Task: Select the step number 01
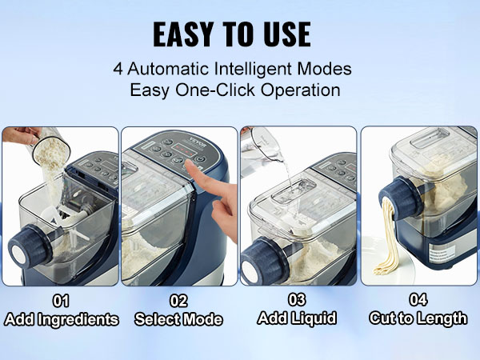61,302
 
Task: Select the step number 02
178,302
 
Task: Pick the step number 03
298,302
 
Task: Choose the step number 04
418,302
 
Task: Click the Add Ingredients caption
61,319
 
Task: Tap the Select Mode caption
178,319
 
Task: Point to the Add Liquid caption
298,318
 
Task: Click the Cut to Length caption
418,318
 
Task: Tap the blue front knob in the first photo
30,241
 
